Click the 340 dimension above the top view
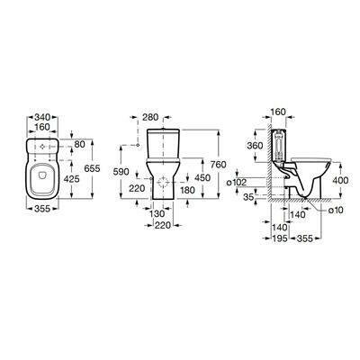point(42,116)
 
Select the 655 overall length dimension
point(93,168)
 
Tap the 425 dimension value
point(72,179)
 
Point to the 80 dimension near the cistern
point(80,145)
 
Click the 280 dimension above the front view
point(150,117)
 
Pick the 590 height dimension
point(121,172)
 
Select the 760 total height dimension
point(219,165)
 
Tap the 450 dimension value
point(202,178)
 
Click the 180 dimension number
point(188,190)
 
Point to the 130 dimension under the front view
point(157,214)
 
